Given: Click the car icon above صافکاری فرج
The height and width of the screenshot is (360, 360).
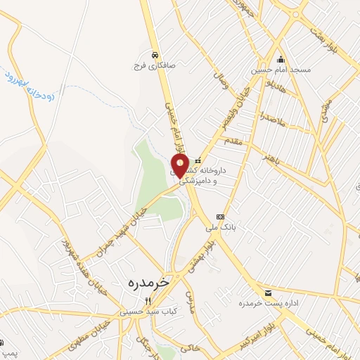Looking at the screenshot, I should (153, 53).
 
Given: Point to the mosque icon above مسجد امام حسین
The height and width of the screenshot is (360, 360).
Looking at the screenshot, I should (281, 59).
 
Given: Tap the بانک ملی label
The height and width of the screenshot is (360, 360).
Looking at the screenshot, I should (219, 227).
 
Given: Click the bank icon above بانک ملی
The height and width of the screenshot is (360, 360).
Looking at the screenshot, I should (220, 217).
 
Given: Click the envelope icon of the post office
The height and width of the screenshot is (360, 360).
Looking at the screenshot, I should (267, 292).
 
